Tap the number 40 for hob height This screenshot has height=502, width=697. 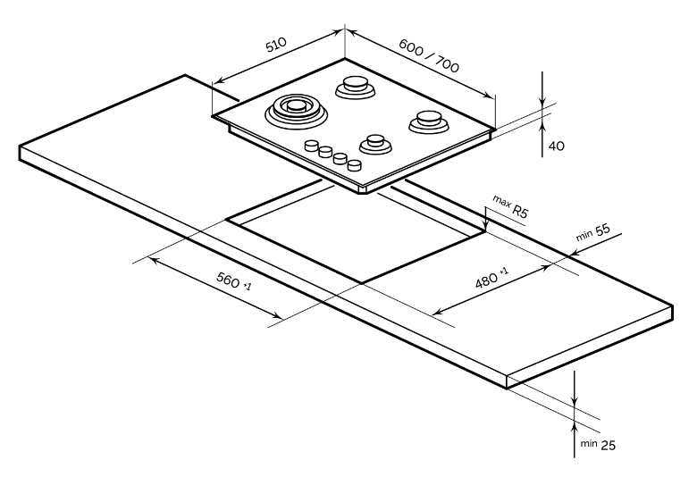[556, 144]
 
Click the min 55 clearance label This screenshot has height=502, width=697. [592, 232]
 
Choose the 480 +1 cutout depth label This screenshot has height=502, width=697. [491, 279]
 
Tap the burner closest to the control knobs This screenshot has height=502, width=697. [373, 143]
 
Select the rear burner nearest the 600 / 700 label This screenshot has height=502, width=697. [355, 87]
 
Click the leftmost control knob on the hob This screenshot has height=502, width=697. [312, 146]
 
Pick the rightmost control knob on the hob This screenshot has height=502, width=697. [355, 165]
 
